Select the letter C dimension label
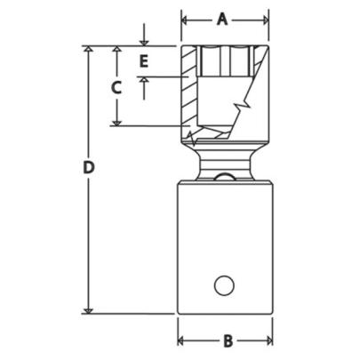coord(115,87)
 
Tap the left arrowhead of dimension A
coord(185,18)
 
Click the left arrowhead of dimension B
coord(181,340)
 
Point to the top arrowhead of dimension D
coord(87,51)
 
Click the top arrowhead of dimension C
coord(116,51)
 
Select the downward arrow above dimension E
coord(142,41)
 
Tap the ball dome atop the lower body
coord(224,178)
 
